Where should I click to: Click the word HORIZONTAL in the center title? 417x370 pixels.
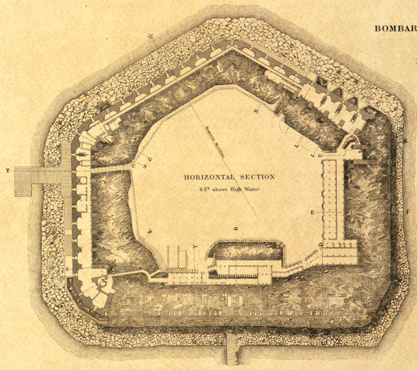coord(208,177)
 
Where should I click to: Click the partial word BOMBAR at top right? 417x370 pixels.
coord(395,28)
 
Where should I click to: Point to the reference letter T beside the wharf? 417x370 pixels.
coord(8,170)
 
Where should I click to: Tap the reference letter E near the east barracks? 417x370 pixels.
coord(313,212)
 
